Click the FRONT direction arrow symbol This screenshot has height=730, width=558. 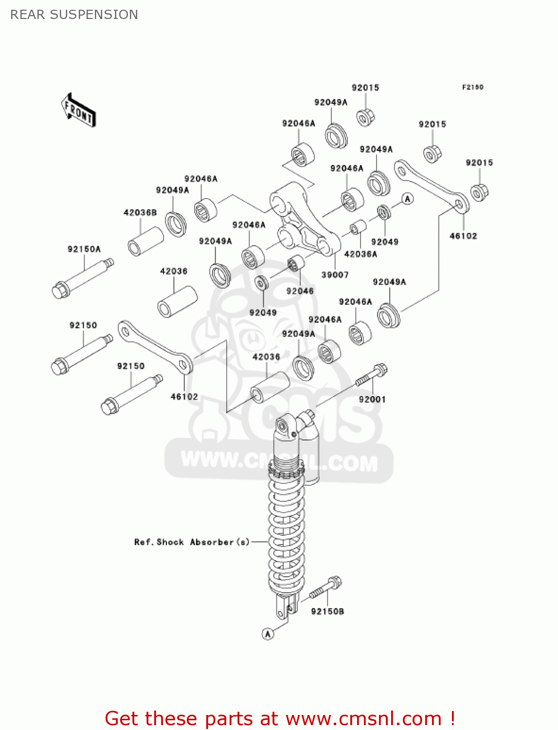click(x=78, y=111)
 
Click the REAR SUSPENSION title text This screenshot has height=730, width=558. click(x=74, y=15)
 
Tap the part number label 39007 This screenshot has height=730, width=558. click(x=335, y=275)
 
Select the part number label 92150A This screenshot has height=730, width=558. click(x=84, y=249)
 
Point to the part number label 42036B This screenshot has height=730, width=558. click(x=140, y=213)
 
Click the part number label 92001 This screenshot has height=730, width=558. click(x=372, y=400)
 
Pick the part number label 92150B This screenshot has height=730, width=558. click(x=327, y=612)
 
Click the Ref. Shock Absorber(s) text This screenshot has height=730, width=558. click(x=192, y=542)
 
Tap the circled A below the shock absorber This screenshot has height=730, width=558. click(x=268, y=634)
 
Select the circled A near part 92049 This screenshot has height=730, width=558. click(x=408, y=199)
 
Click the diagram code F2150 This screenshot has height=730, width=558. click(x=472, y=87)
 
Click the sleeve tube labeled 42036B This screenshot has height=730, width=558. click(x=145, y=240)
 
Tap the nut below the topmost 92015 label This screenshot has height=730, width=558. click(x=365, y=117)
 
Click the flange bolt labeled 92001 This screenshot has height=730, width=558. click(x=371, y=375)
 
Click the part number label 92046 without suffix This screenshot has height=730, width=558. click(x=300, y=291)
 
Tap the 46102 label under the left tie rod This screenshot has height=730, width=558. click(x=184, y=397)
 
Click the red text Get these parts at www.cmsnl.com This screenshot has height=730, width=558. click(x=280, y=718)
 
